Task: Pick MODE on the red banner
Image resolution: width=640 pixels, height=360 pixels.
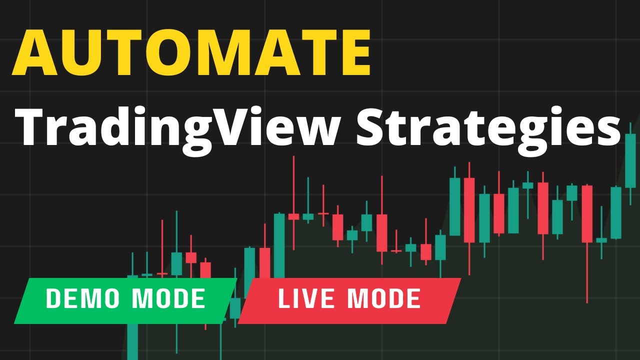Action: pos(384,298)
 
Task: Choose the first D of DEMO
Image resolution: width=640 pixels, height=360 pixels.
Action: pos(52,298)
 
